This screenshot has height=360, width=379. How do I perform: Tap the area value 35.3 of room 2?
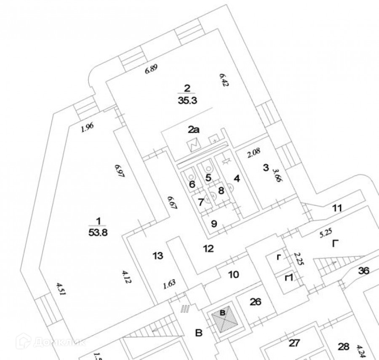(x=187, y=101)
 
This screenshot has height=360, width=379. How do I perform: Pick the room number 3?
(x=265, y=168)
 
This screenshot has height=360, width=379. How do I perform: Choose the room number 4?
(x=237, y=179)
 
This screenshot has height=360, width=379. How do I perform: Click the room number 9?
(x=214, y=224)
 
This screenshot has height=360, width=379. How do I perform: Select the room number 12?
(x=208, y=248)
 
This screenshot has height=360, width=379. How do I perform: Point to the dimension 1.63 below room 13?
(x=169, y=283)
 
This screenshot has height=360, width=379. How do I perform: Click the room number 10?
(x=234, y=275)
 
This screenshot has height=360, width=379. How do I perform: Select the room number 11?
(x=337, y=208)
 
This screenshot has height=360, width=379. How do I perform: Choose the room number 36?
(x=363, y=271)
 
